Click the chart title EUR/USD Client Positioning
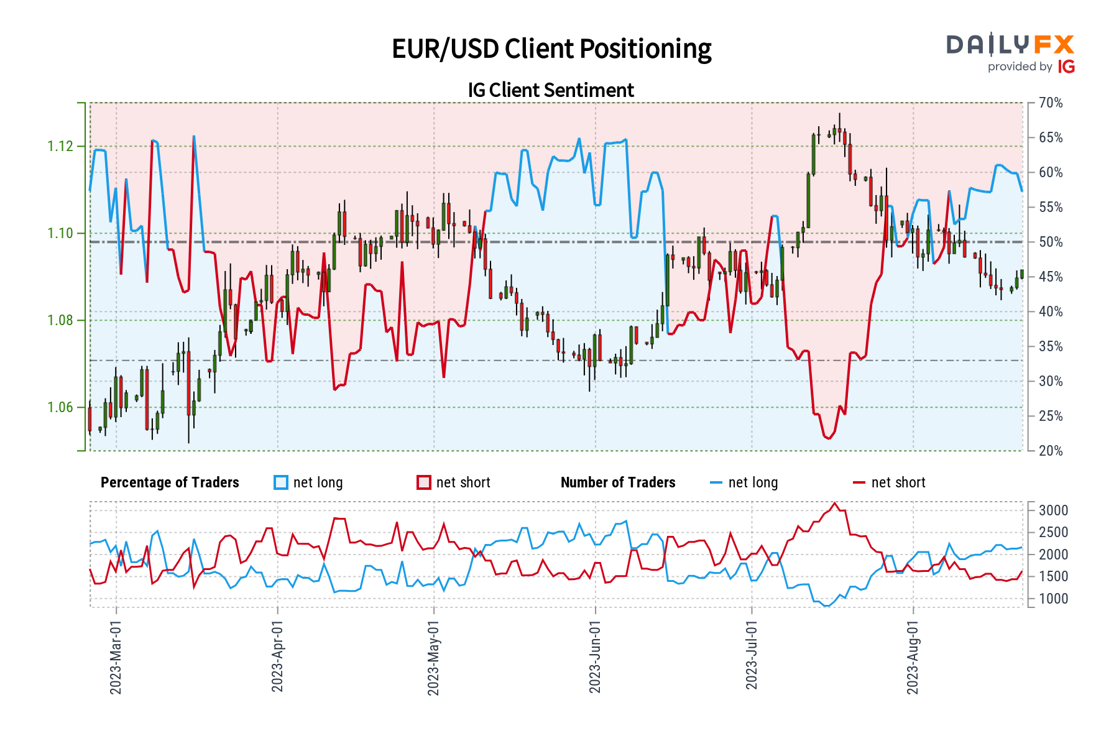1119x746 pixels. pos(551,48)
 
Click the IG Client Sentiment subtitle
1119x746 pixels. pos(551,90)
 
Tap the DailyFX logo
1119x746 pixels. pos(1010,45)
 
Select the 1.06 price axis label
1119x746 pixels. pos(60,407)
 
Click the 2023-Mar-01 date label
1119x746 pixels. pos(116,656)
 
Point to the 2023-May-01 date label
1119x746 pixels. pos(433,656)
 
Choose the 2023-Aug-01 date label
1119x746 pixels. pos(913,656)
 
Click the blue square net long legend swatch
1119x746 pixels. pos(281,482)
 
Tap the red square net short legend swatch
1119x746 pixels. pos(424,482)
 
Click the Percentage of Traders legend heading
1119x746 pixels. pos(170,482)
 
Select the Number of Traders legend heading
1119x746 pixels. pos(618,482)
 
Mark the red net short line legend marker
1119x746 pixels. pos(859,482)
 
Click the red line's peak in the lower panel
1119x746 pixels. pos(835,503)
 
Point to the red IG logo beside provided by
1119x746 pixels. pos(1066,67)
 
